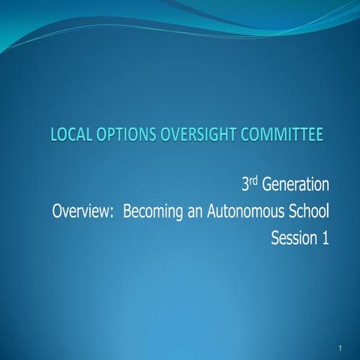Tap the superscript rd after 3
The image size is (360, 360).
[254, 179]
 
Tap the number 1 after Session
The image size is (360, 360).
[326, 240]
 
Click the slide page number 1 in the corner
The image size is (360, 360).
[340, 349]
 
